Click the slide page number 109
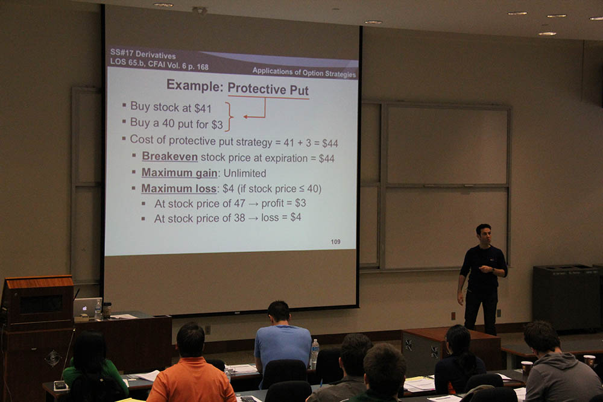[335, 242]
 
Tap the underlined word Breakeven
[169, 157]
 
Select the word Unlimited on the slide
[245, 174]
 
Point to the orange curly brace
[229, 116]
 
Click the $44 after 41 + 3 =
[330, 143]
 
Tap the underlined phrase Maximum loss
[178, 188]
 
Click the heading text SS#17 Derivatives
[143, 54]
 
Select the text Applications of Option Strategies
[304, 72]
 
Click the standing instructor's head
[484, 234]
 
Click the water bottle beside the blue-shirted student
[315, 353]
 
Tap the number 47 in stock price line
[239, 203]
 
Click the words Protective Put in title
[268, 89]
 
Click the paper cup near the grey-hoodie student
[526, 368]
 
